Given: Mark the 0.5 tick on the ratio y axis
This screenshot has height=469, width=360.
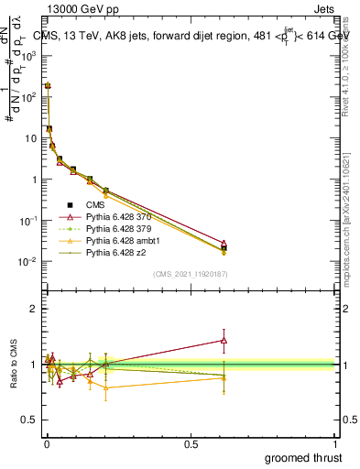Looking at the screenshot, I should point(32,420).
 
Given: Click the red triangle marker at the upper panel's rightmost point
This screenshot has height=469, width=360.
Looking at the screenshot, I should point(224,244).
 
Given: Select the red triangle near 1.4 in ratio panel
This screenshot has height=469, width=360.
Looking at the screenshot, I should point(224,340).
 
